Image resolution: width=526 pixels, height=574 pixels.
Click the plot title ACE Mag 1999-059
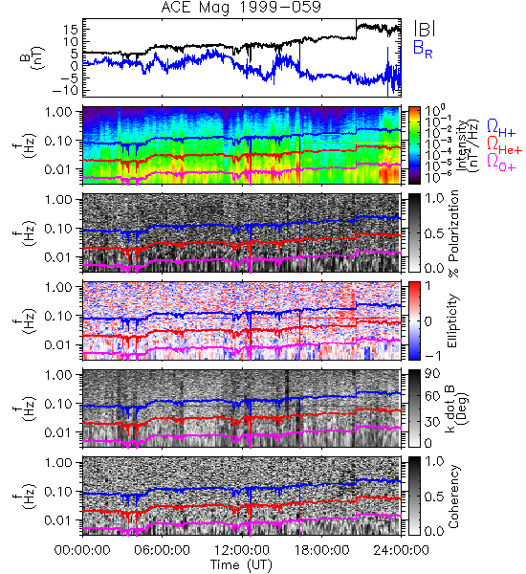[241, 7]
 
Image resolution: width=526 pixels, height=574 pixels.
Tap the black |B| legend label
[425, 29]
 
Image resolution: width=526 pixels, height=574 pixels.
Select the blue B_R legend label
[423, 49]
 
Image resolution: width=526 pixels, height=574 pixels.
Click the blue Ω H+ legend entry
[501, 127]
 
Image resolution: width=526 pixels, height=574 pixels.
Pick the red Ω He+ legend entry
[504, 144]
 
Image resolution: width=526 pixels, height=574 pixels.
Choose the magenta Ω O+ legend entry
[501, 162]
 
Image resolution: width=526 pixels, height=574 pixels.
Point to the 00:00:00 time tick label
[82, 550]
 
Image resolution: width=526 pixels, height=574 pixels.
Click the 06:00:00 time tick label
[163, 550]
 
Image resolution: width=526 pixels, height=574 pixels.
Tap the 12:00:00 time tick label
[242, 550]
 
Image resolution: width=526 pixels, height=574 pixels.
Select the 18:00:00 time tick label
[321, 550]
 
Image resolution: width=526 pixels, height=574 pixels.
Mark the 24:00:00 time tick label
[401, 550]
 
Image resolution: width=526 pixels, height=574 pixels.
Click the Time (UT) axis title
[241, 564]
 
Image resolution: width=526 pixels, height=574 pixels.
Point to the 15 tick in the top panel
[71, 30]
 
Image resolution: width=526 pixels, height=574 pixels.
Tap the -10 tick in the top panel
[66, 90]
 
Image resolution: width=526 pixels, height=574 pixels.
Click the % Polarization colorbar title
[453, 233]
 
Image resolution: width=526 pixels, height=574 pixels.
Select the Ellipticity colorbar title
[453, 320]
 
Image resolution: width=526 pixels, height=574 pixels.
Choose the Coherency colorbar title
[453, 497]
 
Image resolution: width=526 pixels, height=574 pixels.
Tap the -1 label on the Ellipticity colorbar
[432, 356]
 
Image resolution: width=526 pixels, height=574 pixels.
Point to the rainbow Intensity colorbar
[414, 145]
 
